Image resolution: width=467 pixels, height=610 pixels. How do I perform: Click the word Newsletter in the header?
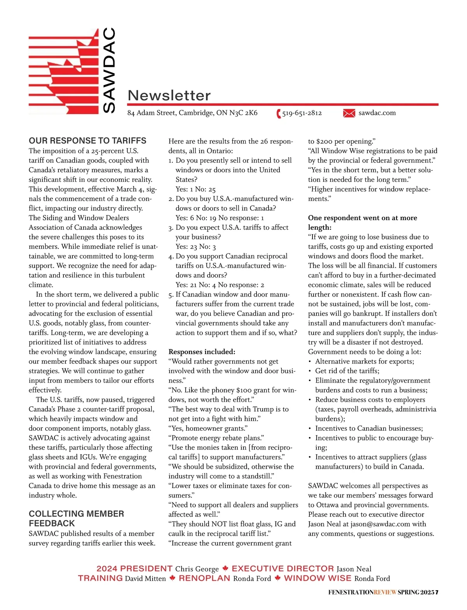pos(169,95)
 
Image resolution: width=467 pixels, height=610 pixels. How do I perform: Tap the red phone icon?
pos(279,114)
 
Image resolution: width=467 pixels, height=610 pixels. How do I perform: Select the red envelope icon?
pos(349,113)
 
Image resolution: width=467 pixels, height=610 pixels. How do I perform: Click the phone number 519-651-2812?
pos(302,113)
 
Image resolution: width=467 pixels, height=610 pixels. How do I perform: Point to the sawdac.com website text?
pos(377,113)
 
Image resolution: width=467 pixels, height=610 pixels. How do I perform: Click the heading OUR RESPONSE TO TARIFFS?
pos(88,141)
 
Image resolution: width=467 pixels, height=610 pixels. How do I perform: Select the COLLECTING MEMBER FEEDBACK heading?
pos(76,518)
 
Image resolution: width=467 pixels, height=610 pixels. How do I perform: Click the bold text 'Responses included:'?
pos(202,352)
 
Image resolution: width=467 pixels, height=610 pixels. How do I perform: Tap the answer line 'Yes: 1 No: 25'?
pos(195,189)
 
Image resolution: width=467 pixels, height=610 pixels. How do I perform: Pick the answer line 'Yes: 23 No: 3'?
pos(195,246)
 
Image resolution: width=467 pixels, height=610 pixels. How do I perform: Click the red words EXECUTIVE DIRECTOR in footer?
pos(283,568)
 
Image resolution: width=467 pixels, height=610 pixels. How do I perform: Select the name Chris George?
pos(197,569)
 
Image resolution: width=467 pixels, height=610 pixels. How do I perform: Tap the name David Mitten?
pos(145,579)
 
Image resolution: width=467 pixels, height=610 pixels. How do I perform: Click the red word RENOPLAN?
pos(204,578)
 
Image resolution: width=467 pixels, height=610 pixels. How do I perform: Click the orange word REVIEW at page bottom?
pos(385,593)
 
